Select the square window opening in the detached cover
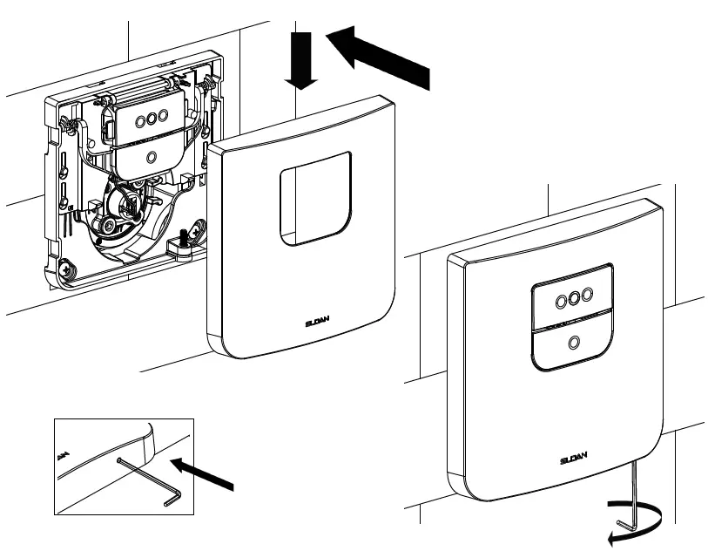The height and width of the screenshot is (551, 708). tap(316, 197)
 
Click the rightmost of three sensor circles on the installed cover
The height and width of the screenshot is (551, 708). tap(587, 295)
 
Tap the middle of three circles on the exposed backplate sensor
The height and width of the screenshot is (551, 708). tap(152, 119)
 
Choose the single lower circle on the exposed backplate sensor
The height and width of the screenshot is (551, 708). tap(152, 157)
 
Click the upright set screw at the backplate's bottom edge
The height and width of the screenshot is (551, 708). tap(185, 237)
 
